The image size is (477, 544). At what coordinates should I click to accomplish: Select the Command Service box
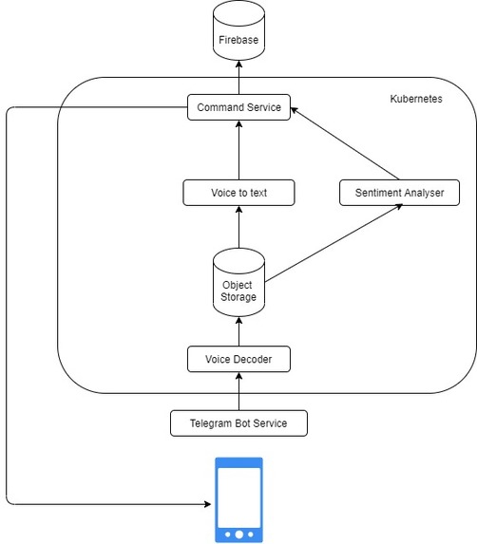pyautogui.click(x=238, y=107)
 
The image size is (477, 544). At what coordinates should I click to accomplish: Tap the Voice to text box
pyautogui.click(x=238, y=193)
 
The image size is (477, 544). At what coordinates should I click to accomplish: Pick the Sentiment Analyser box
pyautogui.click(x=398, y=193)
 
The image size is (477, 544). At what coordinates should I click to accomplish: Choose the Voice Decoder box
pyautogui.click(x=238, y=360)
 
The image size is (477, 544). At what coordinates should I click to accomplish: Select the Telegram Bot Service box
pyautogui.click(x=238, y=422)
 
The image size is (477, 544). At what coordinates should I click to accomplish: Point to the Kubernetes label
pyautogui.click(x=415, y=99)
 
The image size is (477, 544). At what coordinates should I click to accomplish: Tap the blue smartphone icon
pyautogui.click(x=238, y=499)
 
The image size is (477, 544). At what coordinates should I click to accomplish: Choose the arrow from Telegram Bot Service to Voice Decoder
pyautogui.click(x=238, y=391)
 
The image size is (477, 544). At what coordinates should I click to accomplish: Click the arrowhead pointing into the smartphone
pyautogui.click(x=208, y=503)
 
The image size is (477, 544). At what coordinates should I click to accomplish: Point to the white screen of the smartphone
pyautogui.click(x=238, y=494)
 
